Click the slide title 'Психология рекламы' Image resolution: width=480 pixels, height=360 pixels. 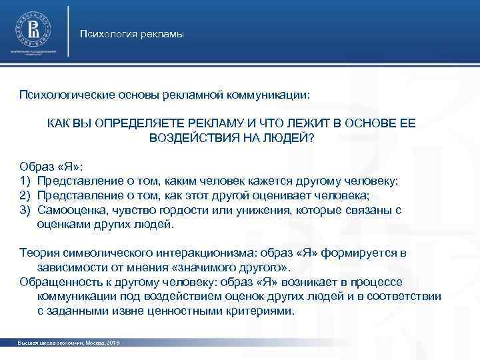click(x=131, y=34)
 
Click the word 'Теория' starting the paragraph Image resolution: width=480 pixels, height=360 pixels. click(x=38, y=253)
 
